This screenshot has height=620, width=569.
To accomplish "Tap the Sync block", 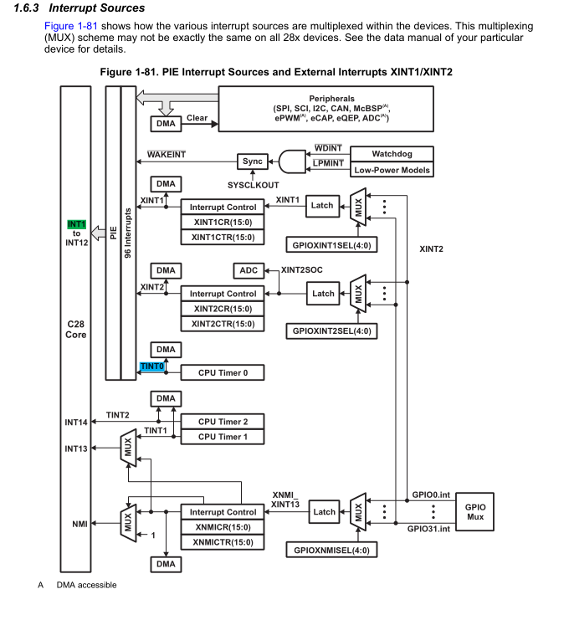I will (x=251, y=161).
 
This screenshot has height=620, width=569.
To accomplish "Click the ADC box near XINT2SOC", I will (x=249, y=270).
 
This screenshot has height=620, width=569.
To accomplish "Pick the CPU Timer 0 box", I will (x=223, y=372).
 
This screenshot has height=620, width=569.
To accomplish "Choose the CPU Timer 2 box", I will (x=223, y=422).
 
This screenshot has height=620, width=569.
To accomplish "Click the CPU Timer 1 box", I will (x=223, y=436).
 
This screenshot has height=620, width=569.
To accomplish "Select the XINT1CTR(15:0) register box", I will (x=223, y=237).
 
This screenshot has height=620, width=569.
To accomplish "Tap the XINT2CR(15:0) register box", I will (x=223, y=309).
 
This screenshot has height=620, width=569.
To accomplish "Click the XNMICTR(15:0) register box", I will (x=223, y=542).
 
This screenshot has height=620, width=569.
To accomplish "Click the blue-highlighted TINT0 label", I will (x=151, y=366).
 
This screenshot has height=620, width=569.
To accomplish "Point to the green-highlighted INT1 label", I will (x=77, y=224).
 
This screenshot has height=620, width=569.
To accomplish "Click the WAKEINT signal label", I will (x=166, y=155).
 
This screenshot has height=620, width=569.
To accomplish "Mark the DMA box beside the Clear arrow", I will (x=167, y=124).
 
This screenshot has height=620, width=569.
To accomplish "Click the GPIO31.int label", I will (x=429, y=529).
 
